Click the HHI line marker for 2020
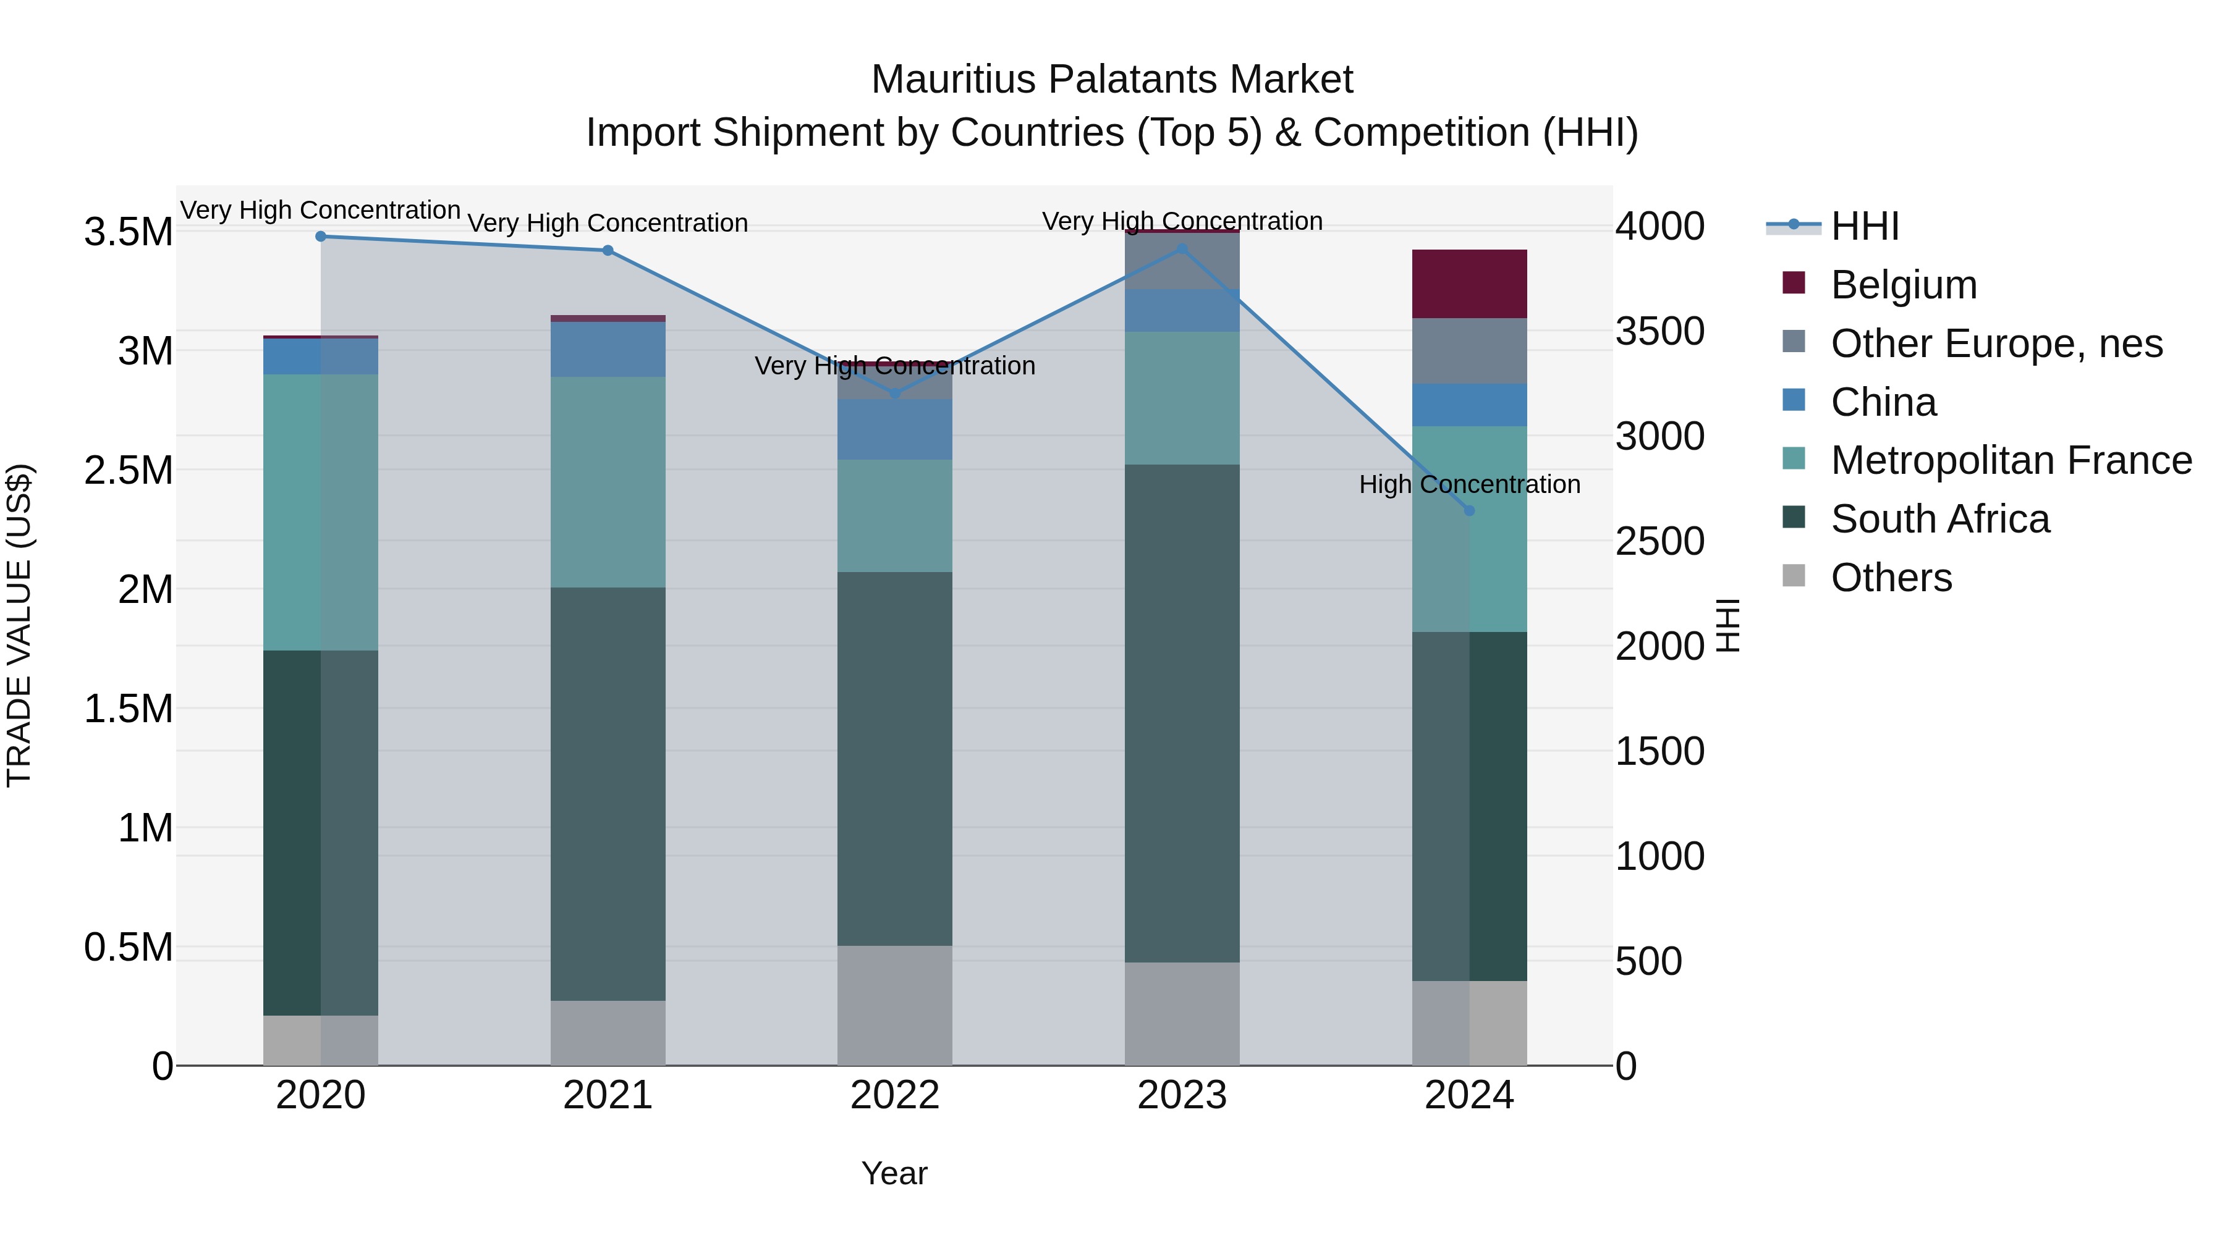[x=320, y=237]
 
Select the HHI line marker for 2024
[x=1469, y=511]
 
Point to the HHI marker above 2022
[x=895, y=394]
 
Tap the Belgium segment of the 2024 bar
[x=1469, y=284]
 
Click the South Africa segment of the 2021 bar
[x=608, y=794]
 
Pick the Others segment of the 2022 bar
[x=895, y=1006]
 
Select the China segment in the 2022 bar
[x=895, y=430]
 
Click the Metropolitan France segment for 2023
[x=1182, y=398]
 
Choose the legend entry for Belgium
[x=1904, y=285]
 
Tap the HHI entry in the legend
[x=1864, y=226]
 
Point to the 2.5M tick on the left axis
[x=129, y=471]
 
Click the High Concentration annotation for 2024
[x=1469, y=484]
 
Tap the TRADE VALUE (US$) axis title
[x=19, y=625]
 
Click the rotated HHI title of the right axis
[x=1727, y=625]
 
